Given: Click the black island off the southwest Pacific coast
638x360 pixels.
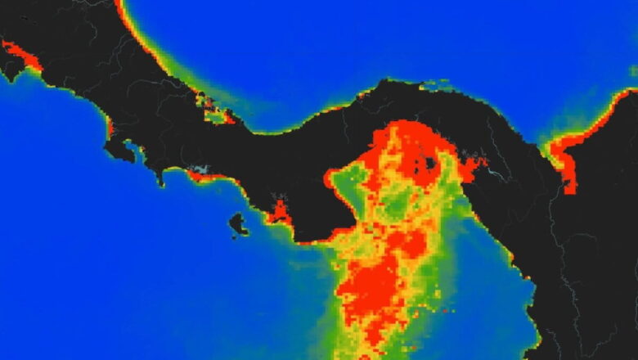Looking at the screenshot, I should click(238, 223).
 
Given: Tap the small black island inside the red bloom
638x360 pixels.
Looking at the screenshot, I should click(430, 162).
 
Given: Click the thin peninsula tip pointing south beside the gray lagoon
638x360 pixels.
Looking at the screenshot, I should click(161, 178).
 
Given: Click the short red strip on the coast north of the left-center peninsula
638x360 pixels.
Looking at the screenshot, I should click(110, 127).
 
